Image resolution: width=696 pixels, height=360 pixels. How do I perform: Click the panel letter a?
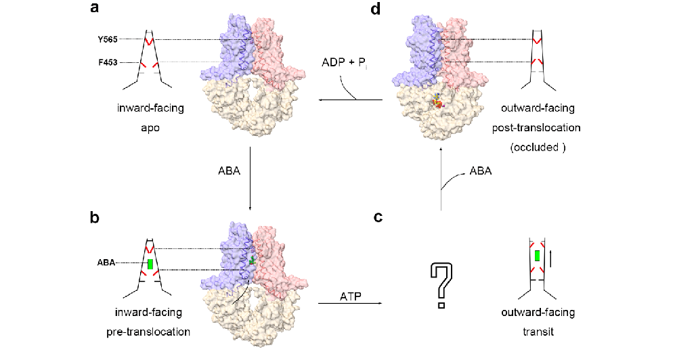coord(95,10)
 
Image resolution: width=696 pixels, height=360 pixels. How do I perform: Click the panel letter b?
coord(95,217)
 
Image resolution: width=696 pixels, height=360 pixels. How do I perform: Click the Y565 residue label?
coord(107,40)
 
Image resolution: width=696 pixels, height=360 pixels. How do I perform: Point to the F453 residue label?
coord(107,62)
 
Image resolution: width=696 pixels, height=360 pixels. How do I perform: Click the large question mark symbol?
coord(441,285)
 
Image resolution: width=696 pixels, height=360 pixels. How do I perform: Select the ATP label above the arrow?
coord(351,296)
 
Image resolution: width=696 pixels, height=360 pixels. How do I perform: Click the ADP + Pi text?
coord(345,63)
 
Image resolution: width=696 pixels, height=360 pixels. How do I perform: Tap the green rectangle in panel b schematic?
coord(150,263)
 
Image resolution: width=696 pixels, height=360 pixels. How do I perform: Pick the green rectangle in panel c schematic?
coord(537,256)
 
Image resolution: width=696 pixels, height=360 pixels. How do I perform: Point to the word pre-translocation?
coord(148,332)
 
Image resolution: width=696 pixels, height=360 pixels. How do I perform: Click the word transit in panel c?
coord(538,332)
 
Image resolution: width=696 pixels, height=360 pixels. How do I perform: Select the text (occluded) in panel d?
coord(538,145)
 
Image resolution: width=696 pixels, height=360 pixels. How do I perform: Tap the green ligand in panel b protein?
coord(253,261)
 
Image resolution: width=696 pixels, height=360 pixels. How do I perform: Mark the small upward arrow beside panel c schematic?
coord(552,258)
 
